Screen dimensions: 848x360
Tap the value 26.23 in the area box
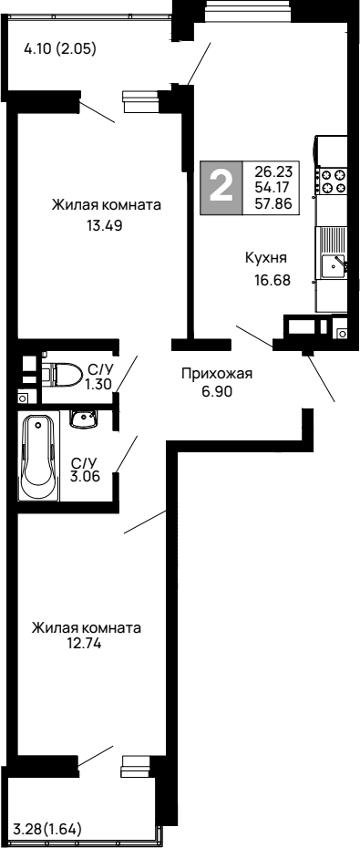[273, 171]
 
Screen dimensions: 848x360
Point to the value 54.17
[273, 187]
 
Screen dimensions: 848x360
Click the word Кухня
[266, 258]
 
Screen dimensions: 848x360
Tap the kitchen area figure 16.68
[272, 280]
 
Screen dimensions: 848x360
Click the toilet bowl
[66, 375]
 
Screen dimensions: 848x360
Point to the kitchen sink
[333, 267]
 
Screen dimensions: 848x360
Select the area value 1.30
[98, 386]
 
